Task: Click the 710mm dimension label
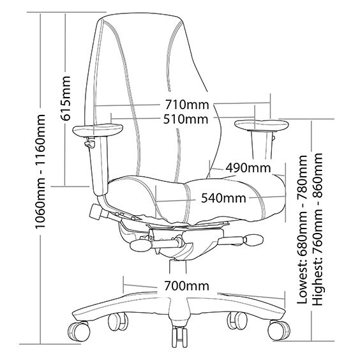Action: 187,105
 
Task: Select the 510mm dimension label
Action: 186,119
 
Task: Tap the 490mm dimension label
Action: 248,168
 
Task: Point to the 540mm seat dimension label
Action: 223,198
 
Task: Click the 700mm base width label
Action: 186,286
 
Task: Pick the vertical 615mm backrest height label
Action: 65,98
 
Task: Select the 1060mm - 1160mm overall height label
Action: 40,171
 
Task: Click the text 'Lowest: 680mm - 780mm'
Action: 302,230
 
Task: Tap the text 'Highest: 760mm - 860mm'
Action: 318,229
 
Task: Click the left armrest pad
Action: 98,130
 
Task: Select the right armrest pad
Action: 262,125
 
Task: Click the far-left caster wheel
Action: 79,331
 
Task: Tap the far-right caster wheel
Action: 279,330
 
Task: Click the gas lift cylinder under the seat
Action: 177,266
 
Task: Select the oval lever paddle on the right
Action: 253,240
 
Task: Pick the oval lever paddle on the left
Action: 140,246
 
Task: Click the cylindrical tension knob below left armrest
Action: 96,212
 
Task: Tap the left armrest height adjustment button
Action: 89,144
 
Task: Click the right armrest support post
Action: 262,145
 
